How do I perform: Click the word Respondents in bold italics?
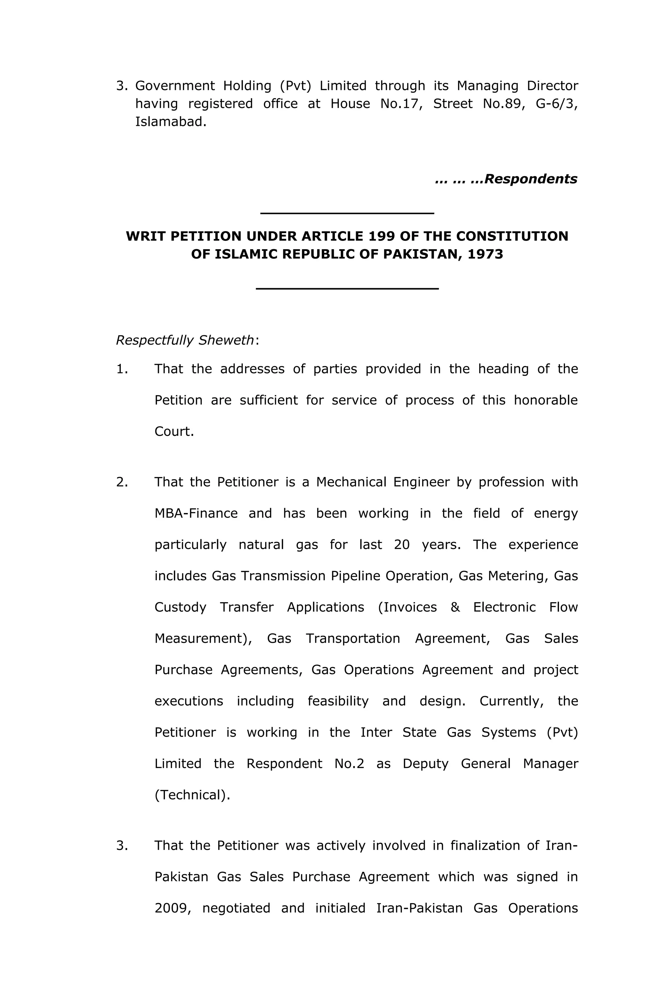point(530,179)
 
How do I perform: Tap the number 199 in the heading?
point(381,236)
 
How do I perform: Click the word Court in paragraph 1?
point(174,432)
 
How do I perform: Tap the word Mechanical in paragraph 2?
point(351,482)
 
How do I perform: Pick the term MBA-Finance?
point(196,513)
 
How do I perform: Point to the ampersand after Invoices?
point(455,607)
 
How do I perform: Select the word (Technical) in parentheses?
point(192,795)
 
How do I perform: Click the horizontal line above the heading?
point(347,213)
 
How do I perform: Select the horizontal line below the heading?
point(347,289)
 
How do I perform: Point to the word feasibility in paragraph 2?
point(338,701)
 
